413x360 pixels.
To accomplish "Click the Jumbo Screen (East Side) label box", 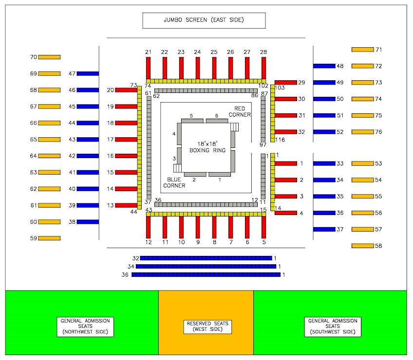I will click(x=204, y=20).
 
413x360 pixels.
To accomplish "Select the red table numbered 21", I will click(x=149, y=68).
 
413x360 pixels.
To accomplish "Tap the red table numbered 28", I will click(x=263, y=68).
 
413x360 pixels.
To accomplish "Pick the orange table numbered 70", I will click(x=49, y=57).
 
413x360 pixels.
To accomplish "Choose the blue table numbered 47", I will click(x=88, y=73).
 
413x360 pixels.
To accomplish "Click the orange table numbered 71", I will click(x=362, y=50).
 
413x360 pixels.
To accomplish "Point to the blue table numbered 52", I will click(x=324, y=132).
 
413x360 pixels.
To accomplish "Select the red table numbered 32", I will click(x=285, y=132).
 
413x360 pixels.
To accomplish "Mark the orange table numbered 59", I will click(x=49, y=238).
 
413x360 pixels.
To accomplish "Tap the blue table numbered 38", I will click(x=88, y=222).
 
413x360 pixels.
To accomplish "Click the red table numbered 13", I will click(x=126, y=205).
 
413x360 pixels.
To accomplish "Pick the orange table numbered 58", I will click(x=362, y=246).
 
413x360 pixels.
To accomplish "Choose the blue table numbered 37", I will click(x=324, y=229).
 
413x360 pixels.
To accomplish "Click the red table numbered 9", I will click(x=198, y=227).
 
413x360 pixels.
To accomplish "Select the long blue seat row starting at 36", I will click(x=206, y=275).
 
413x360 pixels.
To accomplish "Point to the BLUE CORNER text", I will click(x=174, y=182).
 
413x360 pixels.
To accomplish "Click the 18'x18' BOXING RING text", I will click(x=207, y=147).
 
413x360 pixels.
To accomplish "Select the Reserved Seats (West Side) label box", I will click(x=207, y=326).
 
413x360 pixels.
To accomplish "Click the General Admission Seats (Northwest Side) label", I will click(x=85, y=326).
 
